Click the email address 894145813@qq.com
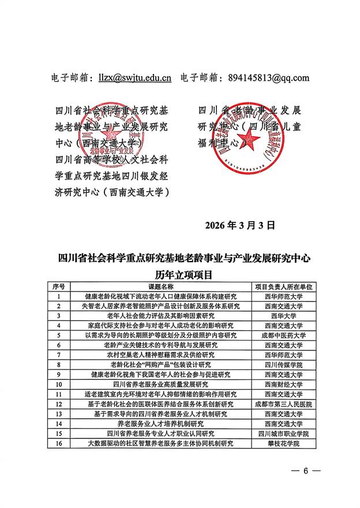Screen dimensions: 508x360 point(269,78)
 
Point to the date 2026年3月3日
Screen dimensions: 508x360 point(241,225)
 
